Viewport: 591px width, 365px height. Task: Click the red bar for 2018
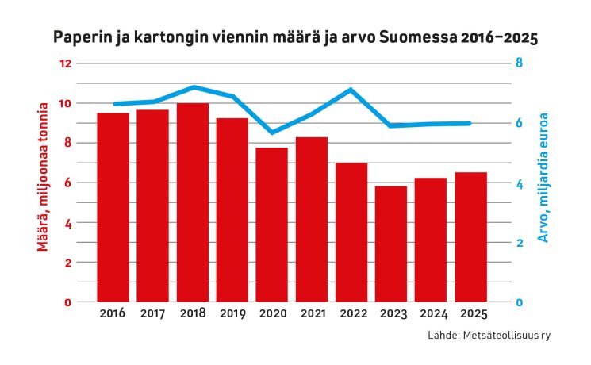(x=193, y=202)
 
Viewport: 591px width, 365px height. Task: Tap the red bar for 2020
(x=272, y=225)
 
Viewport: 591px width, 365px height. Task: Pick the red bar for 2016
(x=113, y=207)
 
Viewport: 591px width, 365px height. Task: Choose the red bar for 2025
(x=471, y=236)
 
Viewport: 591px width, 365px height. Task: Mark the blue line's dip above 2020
(x=272, y=133)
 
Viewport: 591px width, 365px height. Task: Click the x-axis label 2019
(x=232, y=313)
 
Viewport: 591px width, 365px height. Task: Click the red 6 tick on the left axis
(x=68, y=182)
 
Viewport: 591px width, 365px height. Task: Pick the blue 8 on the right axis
(x=519, y=63)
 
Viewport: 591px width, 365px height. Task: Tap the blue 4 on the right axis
(x=519, y=183)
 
